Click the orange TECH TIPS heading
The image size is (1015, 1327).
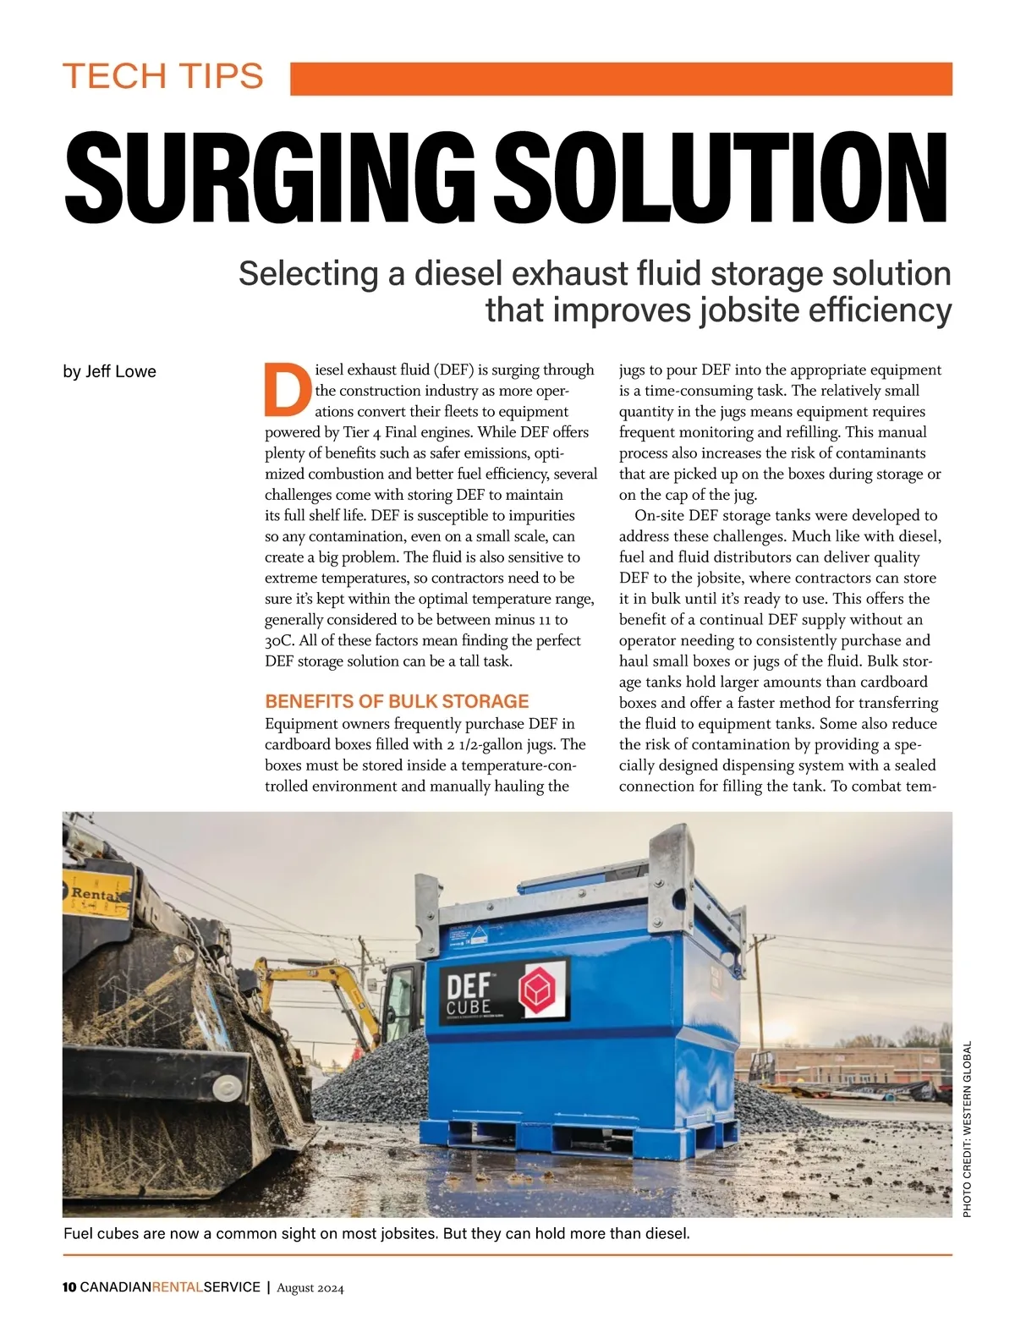point(163,76)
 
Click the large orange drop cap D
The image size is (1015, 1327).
point(285,390)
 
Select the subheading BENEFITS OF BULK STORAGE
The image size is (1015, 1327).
point(397,701)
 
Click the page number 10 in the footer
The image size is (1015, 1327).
point(69,1287)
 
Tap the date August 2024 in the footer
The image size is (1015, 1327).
point(310,1288)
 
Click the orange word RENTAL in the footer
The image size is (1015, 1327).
point(178,1287)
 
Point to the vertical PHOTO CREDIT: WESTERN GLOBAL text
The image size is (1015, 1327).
point(968,1129)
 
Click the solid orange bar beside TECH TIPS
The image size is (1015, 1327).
point(621,78)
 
